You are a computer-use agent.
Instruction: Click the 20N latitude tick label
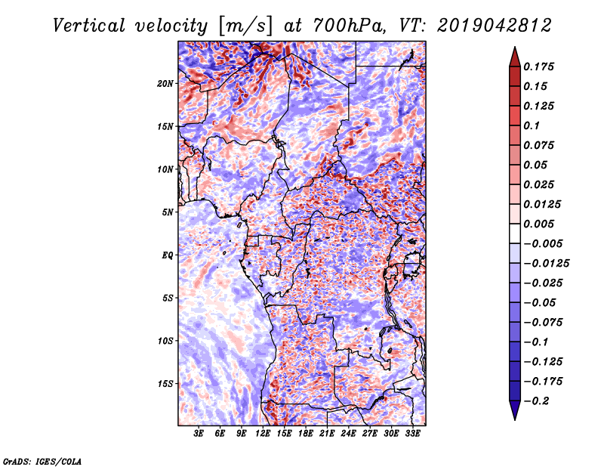165,84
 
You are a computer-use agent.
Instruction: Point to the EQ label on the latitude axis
168,255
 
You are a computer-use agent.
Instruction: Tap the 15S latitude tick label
165,384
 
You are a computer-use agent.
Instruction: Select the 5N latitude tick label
168,212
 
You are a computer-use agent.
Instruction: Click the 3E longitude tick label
199,434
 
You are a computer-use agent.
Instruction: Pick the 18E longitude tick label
306,434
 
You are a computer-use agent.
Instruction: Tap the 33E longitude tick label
412,434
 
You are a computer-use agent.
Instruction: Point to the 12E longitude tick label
263,434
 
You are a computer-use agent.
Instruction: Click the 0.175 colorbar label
538,66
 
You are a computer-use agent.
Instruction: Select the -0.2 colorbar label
536,401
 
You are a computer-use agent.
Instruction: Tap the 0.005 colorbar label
538,224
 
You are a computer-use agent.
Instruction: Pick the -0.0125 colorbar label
546,264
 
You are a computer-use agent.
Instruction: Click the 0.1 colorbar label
532,125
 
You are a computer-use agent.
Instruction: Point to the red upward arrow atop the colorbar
515,57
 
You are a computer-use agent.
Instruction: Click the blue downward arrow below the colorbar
515,410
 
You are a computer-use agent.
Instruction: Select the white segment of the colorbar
515,233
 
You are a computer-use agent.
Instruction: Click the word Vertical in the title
89,26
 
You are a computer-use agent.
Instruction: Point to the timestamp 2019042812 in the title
495,26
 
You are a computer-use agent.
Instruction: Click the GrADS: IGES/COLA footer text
42,461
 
